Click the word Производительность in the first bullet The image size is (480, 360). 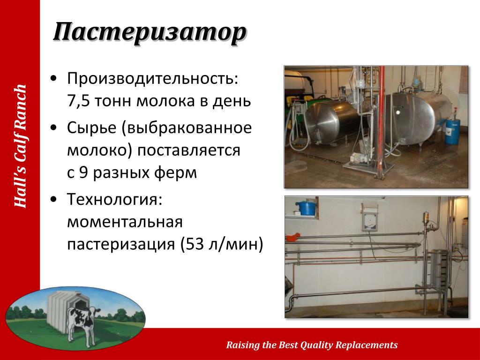(x=152, y=79)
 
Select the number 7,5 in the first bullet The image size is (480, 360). (x=78, y=101)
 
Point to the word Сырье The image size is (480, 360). (x=91, y=127)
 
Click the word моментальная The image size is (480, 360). (x=125, y=222)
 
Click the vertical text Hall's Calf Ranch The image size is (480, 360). (x=21, y=146)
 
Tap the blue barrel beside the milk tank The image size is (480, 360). (x=452, y=132)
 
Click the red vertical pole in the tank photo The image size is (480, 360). (x=381, y=122)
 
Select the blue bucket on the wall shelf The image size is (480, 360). (x=307, y=208)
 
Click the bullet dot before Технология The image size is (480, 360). (x=54, y=199)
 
